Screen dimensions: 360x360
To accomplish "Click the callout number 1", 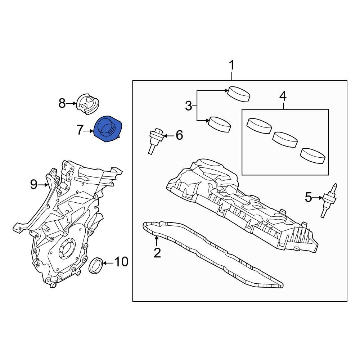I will click(x=232, y=66).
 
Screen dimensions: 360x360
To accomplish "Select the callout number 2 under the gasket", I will click(x=157, y=253).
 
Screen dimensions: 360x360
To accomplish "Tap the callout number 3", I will click(x=189, y=106).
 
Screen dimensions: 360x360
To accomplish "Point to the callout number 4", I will click(x=283, y=96).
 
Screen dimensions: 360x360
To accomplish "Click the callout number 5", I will click(x=309, y=197).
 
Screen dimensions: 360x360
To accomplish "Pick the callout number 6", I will click(x=179, y=135).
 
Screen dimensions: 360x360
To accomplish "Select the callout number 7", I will click(x=80, y=130).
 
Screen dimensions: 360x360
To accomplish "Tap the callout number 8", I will click(x=62, y=104).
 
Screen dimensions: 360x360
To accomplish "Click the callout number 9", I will click(x=33, y=185).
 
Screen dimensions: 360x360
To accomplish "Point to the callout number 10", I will click(x=121, y=262).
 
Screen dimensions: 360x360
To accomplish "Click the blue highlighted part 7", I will click(x=107, y=130).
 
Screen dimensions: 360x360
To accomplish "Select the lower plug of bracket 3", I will click(x=220, y=123).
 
